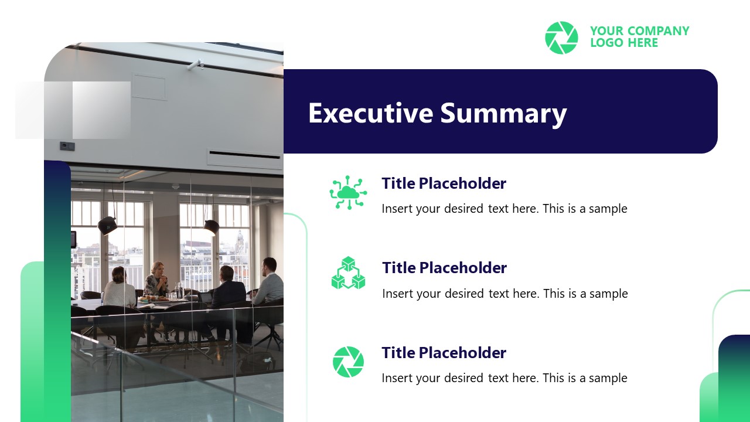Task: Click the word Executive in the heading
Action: coord(370,113)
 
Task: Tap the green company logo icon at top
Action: coord(561,38)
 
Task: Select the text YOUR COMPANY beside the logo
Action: coord(639,30)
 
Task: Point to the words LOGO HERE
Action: coord(624,43)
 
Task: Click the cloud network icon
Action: coord(348,192)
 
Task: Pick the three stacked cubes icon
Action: coord(348,273)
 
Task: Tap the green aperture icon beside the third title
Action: coord(348,362)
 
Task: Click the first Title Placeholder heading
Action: coord(444,183)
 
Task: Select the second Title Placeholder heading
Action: coord(444,268)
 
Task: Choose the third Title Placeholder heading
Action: coord(444,353)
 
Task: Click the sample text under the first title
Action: coord(504,209)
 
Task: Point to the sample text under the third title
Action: coord(504,378)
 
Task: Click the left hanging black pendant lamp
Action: coord(107,224)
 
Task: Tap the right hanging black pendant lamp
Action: coord(211,226)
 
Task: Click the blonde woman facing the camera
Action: coord(157,278)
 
